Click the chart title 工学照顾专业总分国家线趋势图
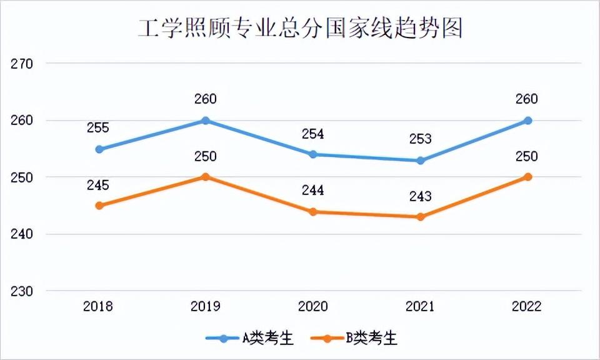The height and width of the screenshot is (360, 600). [x=300, y=28]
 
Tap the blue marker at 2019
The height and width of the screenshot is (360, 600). [x=205, y=121]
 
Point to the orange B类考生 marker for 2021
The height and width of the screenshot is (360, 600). [x=421, y=217]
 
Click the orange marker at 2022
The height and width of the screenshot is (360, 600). [x=527, y=177]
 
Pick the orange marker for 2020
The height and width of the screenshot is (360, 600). [x=313, y=212]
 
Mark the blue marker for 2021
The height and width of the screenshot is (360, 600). [x=421, y=161]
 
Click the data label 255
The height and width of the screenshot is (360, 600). [x=98, y=128]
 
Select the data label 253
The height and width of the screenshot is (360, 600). [x=421, y=139]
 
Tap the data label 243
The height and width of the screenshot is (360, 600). [x=421, y=196]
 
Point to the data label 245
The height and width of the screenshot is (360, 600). [x=98, y=185]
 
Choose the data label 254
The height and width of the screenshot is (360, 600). [x=313, y=134]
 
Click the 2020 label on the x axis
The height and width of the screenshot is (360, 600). [x=313, y=307]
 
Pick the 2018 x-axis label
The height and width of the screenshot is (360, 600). [x=98, y=307]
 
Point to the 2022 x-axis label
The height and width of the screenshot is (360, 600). [x=527, y=307]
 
